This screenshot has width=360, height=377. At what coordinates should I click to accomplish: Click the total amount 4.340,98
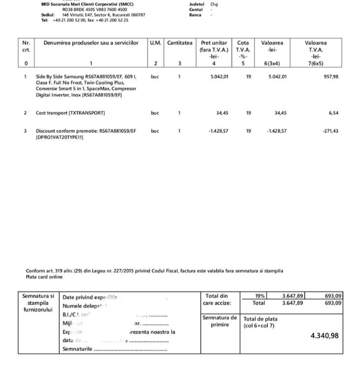coord(325,336)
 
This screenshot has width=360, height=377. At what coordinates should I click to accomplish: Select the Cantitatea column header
coord(179,43)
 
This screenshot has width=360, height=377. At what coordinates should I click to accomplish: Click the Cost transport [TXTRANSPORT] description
coord(70,113)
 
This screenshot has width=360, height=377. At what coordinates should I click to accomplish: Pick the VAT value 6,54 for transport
coord(333,113)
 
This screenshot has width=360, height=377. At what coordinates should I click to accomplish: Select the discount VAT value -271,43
coord(330,130)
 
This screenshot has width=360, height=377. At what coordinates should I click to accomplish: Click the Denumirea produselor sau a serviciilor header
coord(91,43)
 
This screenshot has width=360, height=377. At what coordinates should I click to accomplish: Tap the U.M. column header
coord(155,43)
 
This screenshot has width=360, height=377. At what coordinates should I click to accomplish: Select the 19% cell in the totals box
coord(260,296)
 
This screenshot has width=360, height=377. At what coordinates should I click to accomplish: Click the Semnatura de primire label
coord(219,321)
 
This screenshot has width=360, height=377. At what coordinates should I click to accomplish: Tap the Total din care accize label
coord(218,299)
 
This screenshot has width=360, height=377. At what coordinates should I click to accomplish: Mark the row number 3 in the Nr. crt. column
coord(25,130)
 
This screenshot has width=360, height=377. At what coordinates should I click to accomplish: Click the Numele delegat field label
coord(81,305)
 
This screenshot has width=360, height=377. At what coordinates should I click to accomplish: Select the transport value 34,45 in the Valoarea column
coord(280,113)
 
